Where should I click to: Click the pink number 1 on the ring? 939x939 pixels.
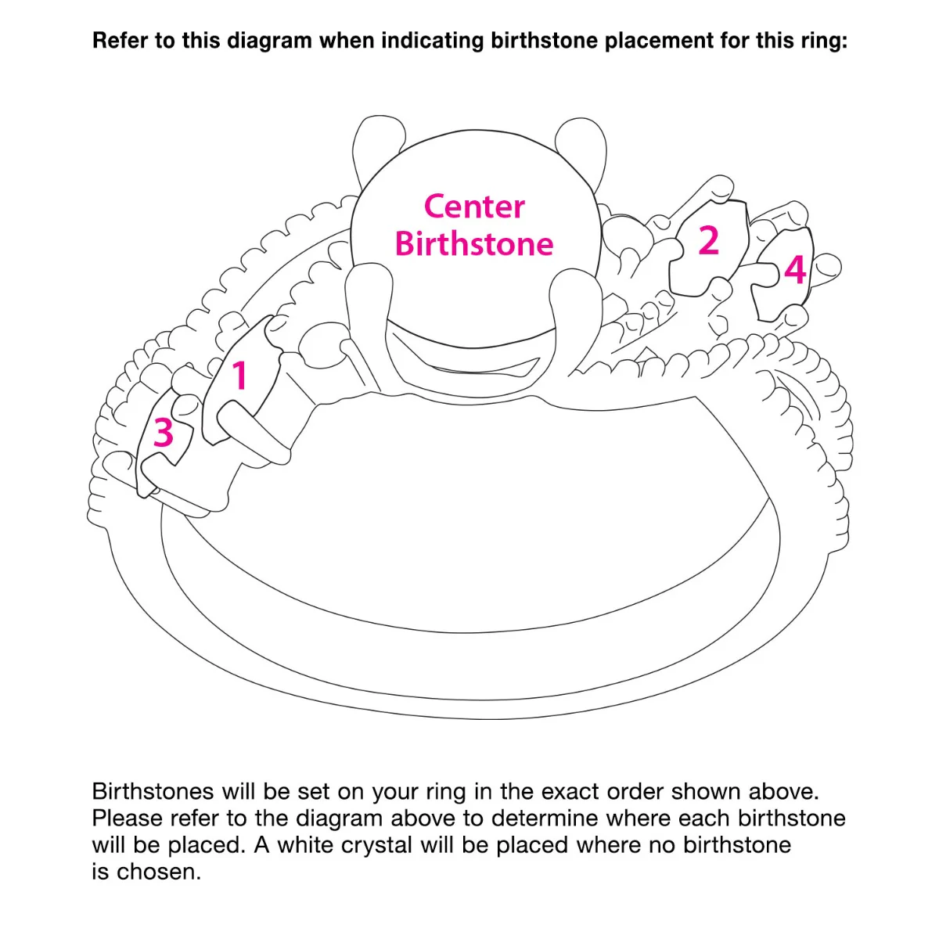pos(239,376)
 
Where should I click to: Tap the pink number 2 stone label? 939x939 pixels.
pos(708,240)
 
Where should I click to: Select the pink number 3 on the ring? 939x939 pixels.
pos(164,432)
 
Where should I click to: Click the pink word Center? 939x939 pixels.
pos(474,207)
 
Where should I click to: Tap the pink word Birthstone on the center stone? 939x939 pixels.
pos(474,243)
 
